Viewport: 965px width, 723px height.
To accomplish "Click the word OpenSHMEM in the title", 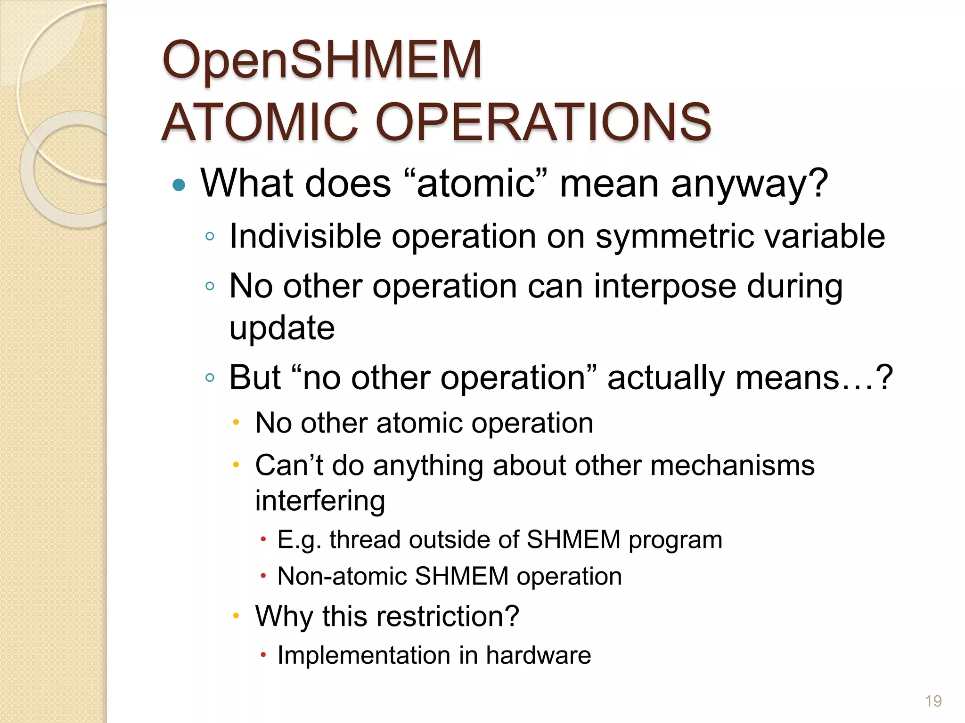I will coord(322,61).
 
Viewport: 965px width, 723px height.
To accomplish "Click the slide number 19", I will coord(933,701).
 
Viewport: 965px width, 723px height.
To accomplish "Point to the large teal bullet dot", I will coord(179,185).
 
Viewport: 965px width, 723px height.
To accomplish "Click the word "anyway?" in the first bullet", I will coord(749,184).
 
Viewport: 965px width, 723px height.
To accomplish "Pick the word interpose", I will coord(664,286).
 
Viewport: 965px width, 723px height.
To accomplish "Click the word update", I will coord(282,328).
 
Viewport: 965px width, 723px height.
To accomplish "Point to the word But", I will coord(254,378).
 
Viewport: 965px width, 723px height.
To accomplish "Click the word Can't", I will coord(289,465).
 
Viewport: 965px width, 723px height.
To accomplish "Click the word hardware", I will coord(538,655).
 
